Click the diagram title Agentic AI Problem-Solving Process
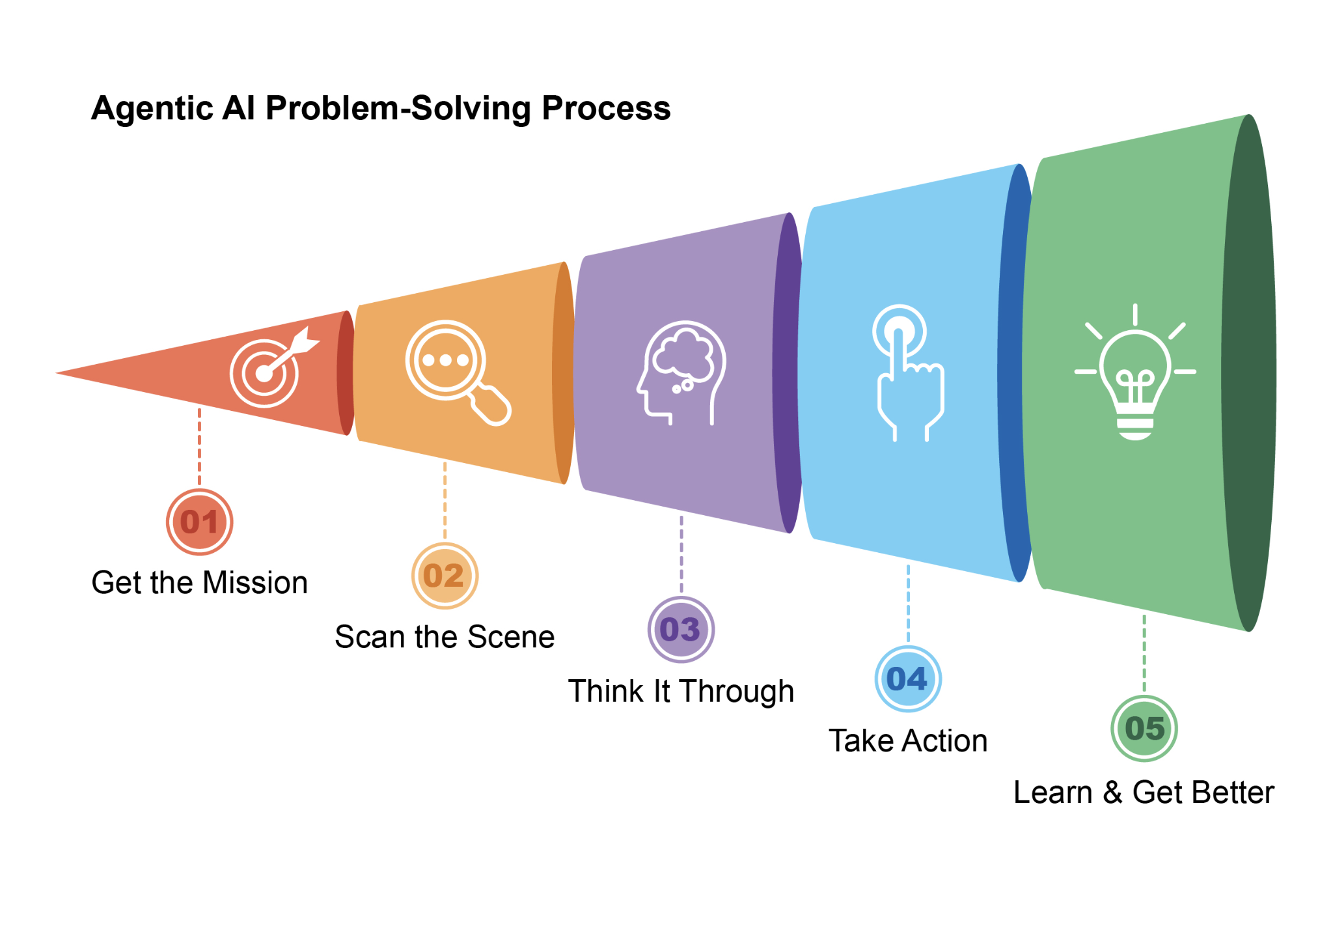[x=381, y=108]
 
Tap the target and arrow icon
[x=274, y=367]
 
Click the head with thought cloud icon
[x=681, y=373]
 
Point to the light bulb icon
[x=1135, y=372]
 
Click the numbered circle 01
[x=199, y=522]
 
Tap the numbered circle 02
[x=445, y=576]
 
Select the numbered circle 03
[x=681, y=630]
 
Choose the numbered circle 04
[x=908, y=679]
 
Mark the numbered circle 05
[x=1144, y=728]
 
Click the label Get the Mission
[x=199, y=583]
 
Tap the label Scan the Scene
[x=445, y=637]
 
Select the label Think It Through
[x=681, y=692]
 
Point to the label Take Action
[x=908, y=741]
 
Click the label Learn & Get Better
[x=1144, y=793]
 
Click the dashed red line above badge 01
[x=199, y=447]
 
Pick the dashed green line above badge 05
[x=1144, y=653]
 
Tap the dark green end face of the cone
[x=1249, y=372]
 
